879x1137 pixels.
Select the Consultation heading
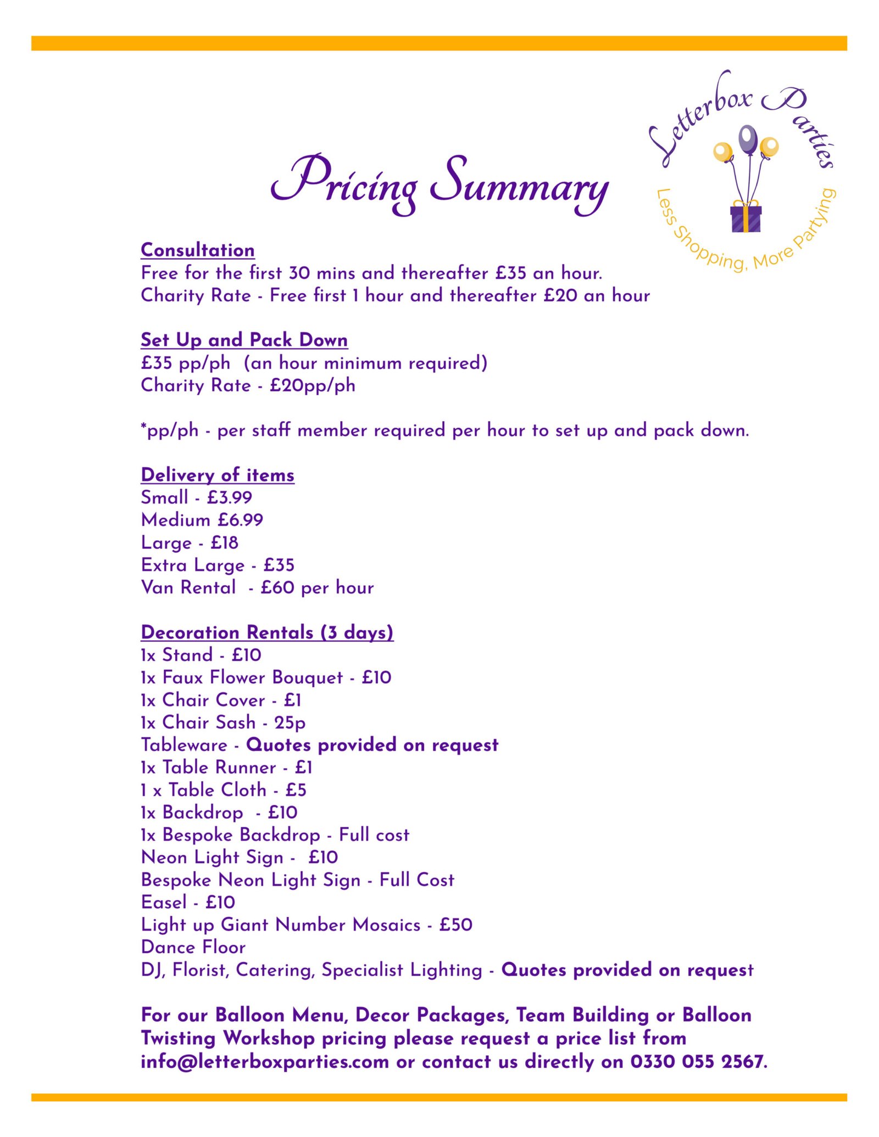coord(197,250)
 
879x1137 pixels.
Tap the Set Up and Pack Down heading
coord(244,340)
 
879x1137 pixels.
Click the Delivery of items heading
coord(218,475)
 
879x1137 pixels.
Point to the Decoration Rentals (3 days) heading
coord(267,632)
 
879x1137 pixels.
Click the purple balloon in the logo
coord(748,139)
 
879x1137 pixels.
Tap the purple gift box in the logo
coord(746,219)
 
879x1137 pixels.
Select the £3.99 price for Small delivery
coord(230,497)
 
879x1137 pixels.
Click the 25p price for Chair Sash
coord(290,722)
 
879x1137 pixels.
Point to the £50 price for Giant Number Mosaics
coord(455,925)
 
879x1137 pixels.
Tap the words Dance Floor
coord(193,947)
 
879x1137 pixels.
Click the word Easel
coord(164,902)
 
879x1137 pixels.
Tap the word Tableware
coord(184,745)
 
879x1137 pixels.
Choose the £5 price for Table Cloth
coord(296,790)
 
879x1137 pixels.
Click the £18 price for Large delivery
coord(224,542)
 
